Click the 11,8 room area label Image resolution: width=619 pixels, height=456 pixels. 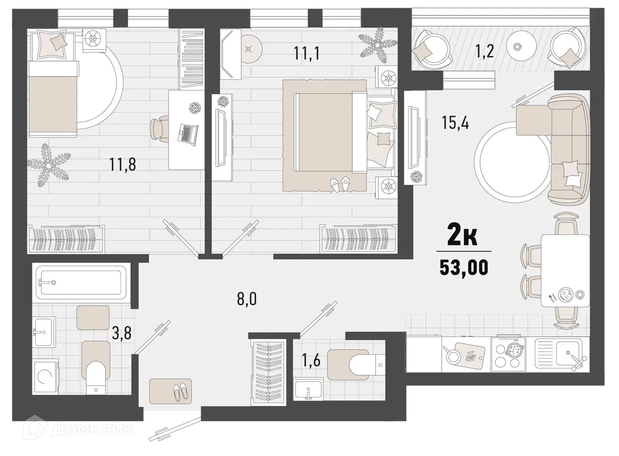(x=123, y=165)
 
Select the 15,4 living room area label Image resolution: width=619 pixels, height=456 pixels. (x=456, y=122)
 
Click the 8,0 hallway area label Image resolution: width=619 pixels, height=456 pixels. (x=247, y=299)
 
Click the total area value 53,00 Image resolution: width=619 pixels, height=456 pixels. (x=463, y=268)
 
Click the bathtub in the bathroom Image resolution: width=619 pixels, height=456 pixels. (x=81, y=283)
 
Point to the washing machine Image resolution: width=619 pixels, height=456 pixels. (x=45, y=378)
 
